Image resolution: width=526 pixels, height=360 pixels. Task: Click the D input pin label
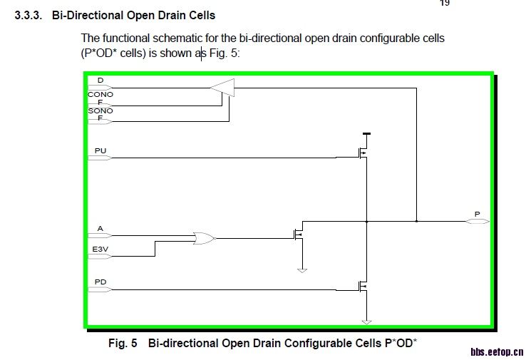[100, 81]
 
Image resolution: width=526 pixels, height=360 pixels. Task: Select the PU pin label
[100, 150]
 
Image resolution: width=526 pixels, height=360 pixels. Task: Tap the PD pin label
[100, 282]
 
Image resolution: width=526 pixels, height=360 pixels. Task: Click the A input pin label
[100, 228]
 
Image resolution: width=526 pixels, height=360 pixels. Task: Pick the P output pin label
[477, 214]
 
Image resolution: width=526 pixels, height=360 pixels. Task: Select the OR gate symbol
[203, 238]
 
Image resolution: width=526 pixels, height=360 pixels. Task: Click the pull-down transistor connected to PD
[361, 287]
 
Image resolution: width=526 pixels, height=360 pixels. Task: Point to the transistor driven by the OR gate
[298, 233]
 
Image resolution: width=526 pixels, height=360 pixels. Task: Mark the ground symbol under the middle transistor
[301, 270]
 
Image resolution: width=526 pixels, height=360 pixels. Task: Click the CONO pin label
[100, 94]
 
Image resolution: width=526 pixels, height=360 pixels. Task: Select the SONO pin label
[100, 111]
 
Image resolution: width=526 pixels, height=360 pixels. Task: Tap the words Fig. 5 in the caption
[122, 344]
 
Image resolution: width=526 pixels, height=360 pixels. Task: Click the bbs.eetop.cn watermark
[497, 351]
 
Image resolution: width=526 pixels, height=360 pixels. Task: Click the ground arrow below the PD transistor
[366, 321]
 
